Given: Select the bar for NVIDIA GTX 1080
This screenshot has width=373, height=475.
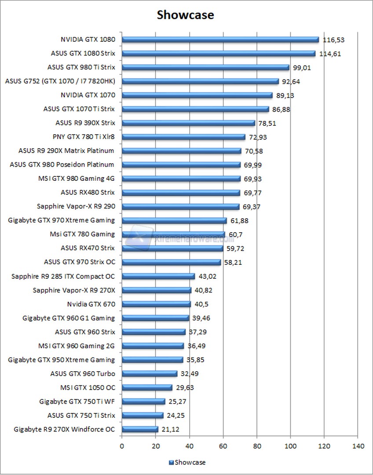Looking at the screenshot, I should pyautogui.click(x=220, y=40).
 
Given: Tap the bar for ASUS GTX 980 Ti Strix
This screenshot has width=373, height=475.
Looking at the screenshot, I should pyautogui.click(x=205, y=67).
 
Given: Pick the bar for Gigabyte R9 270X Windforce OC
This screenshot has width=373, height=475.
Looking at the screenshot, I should pyautogui.click(x=140, y=429).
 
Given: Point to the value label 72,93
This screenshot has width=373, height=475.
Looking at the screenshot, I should pyautogui.click(x=258, y=137).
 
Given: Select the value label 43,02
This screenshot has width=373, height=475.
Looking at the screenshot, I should pyautogui.click(x=207, y=276).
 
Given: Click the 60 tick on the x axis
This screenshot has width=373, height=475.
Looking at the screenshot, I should pyautogui.click(x=223, y=446).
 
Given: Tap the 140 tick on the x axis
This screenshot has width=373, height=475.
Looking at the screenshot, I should pyautogui.click(x=358, y=446).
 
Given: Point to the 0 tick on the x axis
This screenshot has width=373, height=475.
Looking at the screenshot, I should pyautogui.click(x=122, y=446).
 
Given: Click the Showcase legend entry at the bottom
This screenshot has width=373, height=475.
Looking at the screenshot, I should pyautogui.click(x=187, y=462).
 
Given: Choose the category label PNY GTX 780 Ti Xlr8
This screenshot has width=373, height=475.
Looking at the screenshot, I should pyautogui.click(x=83, y=137).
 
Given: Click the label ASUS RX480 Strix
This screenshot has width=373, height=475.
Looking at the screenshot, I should pyautogui.click(x=88, y=192).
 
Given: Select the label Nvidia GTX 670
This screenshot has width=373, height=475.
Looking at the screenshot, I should pyautogui.click(x=91, y=304).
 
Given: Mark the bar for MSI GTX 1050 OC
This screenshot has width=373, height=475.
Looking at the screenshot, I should pyautogui.click(x=147, y=387).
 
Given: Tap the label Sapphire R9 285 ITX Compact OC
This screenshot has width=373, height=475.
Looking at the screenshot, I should pyautogui.click(x=62, y=276).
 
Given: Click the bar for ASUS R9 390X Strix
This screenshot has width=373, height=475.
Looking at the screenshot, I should pyautogui.click(x=188, y=123).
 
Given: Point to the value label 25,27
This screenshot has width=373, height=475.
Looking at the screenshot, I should pyautogui.click(x=178, y=401).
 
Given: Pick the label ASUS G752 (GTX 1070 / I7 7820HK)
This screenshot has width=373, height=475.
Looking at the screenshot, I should pyautogui.click(x=60, y=81).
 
